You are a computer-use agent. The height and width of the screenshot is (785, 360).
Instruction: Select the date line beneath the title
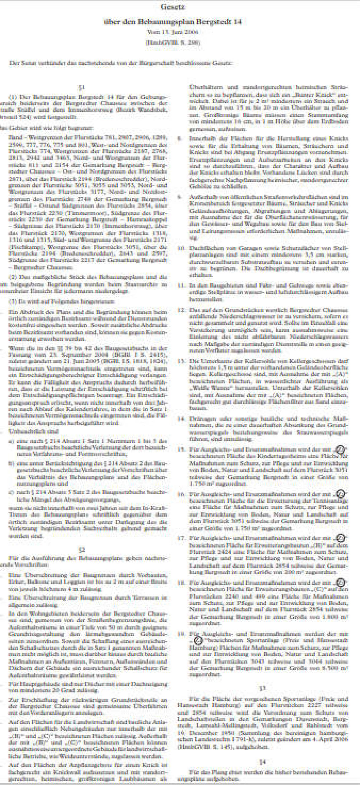click(173, 32)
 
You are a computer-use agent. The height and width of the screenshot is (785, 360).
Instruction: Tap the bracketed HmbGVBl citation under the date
click(173, 42)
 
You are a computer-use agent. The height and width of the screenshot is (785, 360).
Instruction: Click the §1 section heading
click(81, 87)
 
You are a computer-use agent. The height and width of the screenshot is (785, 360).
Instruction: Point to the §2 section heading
click(81, 550)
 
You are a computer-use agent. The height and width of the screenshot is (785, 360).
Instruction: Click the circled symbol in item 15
click(341, 449)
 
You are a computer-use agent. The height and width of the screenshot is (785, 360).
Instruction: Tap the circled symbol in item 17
click(341, 538)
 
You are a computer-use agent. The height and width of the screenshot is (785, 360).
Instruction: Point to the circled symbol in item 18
click(341, 583)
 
